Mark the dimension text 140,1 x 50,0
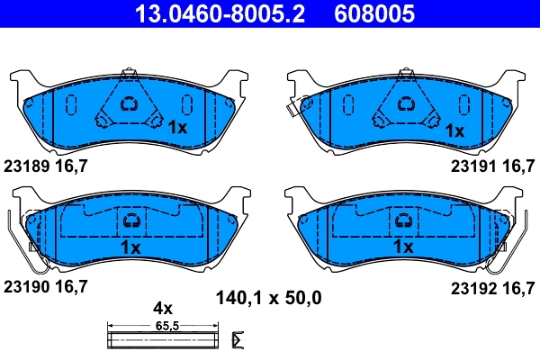[269, 296]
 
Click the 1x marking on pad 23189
[177, 129]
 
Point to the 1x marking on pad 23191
[454, 130]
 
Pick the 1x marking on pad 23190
[130, 246]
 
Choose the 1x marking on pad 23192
[402, 246]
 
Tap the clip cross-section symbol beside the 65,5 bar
[238, 339]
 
